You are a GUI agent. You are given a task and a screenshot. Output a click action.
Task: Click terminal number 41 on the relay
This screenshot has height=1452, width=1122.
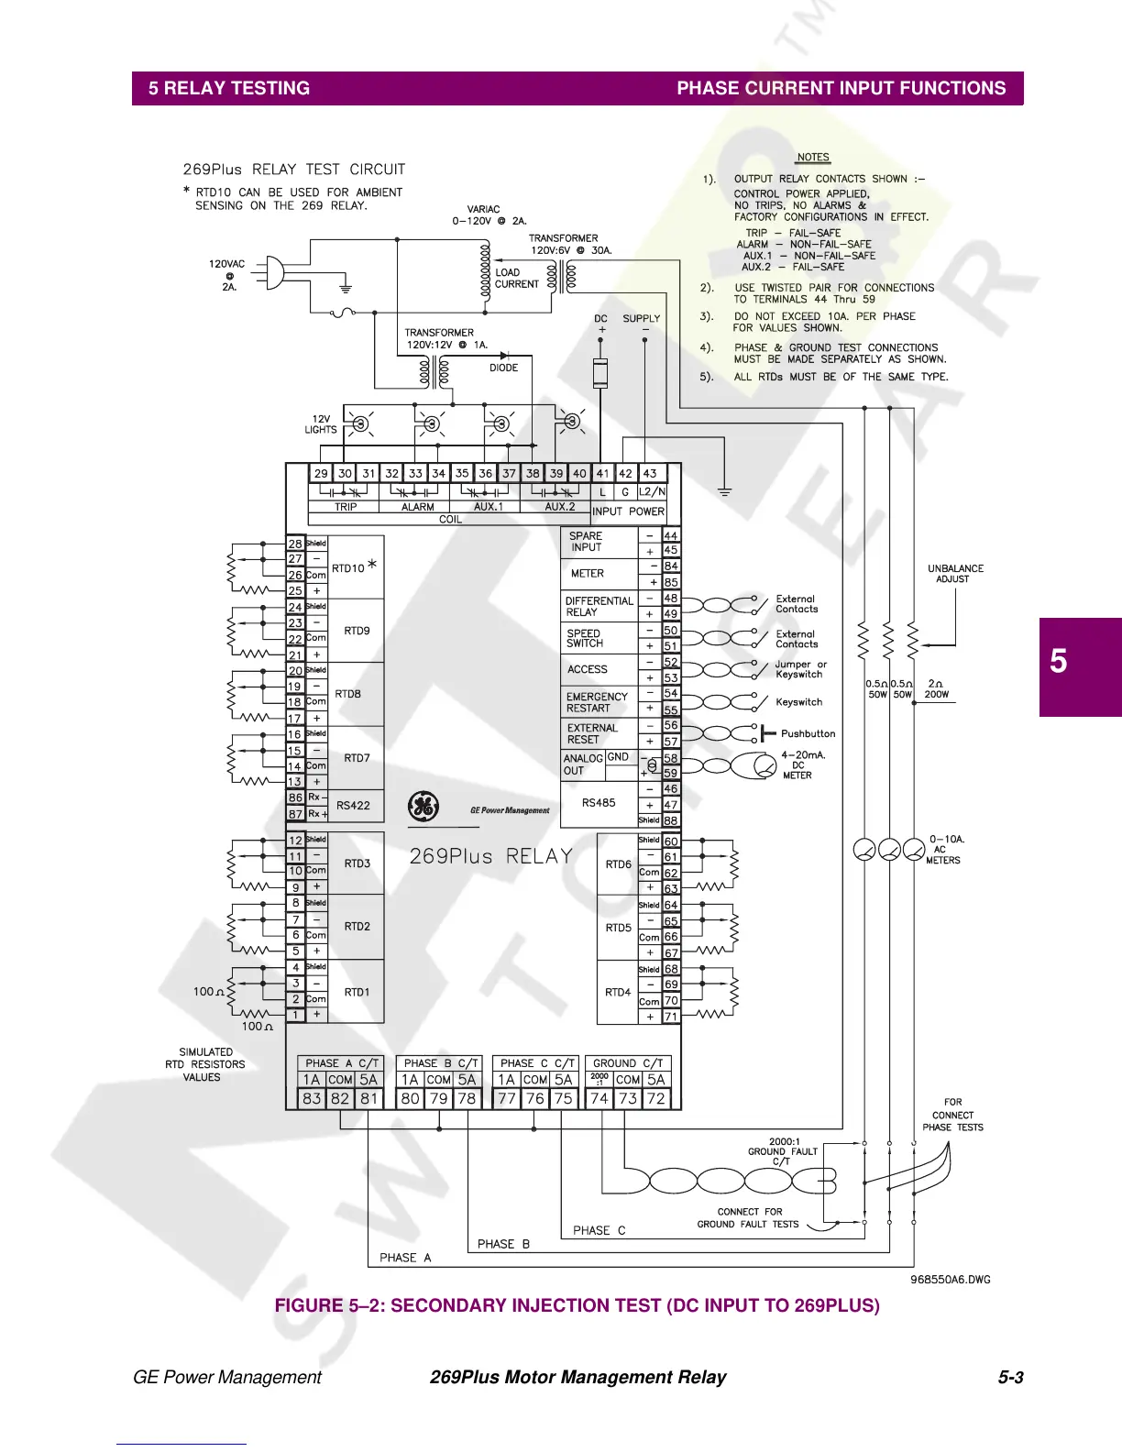pyautogui.click(x=602, y=473)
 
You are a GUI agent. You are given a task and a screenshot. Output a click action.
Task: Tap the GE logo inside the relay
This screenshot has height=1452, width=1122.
pyautogui.click(x=423, y=807)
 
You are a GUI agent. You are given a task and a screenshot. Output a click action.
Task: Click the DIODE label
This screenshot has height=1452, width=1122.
pyautogui.click(x=503, y=368)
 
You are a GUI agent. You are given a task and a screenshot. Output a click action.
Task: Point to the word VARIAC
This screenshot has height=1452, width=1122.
pyautogui.click(x=483, y=209)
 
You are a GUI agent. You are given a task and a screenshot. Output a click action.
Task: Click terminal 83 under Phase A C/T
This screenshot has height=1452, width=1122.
pyautogui.click(x=312, y=1098)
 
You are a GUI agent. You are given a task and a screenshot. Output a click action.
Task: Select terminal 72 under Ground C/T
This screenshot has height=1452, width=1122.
pyautogui.click(x=655, y=1098)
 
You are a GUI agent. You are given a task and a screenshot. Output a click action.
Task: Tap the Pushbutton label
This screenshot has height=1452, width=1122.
pyautogui.click(x=808, y=733)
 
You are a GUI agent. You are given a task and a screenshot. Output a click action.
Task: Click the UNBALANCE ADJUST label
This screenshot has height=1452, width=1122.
pyautogui.click(x=955, y=574)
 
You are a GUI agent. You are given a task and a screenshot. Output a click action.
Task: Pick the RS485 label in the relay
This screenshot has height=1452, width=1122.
pyautogui.click(x=599, y=802)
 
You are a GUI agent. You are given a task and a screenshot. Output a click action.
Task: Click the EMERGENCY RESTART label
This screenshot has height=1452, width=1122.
pyautogui.click(x=597, y=702)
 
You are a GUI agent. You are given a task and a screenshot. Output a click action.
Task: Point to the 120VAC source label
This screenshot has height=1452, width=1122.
pyautogui.click(x=227, y=264)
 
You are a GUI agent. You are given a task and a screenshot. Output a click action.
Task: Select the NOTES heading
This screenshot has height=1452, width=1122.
pyautogui.click(x=812, y=158)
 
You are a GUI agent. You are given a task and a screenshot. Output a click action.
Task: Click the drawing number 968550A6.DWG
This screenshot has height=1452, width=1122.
pyautogui.click(x=950, y=1279)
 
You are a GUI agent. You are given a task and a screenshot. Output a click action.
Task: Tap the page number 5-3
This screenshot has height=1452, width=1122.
pyautogui.click(x=1010, y=1377)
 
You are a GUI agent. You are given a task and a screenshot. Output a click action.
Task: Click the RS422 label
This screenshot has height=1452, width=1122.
pyautogui.click(x=353, y=805)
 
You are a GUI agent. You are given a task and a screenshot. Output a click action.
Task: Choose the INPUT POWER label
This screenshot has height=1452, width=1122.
pyautogui.click(x=628, y=511)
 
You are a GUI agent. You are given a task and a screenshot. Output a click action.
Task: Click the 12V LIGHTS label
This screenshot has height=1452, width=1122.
pyautogui.click(x=321, y=424)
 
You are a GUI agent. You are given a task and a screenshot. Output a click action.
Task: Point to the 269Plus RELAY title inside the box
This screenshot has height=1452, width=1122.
pyautogui.click(x=491, y=856)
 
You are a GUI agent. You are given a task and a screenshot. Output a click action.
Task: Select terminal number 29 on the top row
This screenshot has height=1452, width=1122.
pyautogui.click(x=320, y=473)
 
